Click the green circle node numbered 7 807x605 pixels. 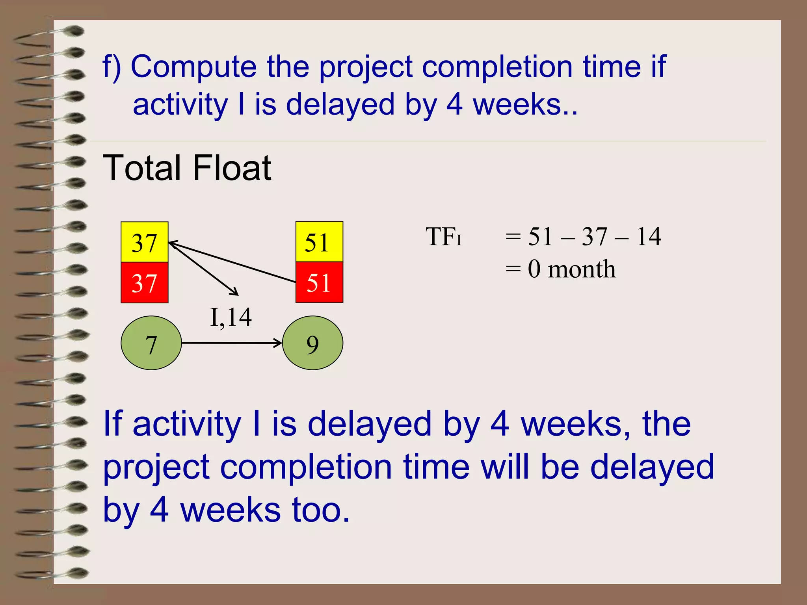(151, 343)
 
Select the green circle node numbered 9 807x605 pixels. (313, 343)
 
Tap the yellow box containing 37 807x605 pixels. (145, 242)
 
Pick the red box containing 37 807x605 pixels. (145, 283)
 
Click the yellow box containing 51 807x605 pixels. (319, 242)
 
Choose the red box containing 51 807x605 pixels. (319, 282)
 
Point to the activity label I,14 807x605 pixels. (231, 317)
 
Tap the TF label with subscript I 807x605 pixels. (443, 237)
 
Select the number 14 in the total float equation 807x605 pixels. (649, 237)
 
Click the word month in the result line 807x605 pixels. (582, 269)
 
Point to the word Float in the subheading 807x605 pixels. (232, 168)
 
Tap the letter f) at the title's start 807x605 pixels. (112, 67)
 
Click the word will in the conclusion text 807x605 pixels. (506, 467)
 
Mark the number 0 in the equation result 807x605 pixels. (534, 269)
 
